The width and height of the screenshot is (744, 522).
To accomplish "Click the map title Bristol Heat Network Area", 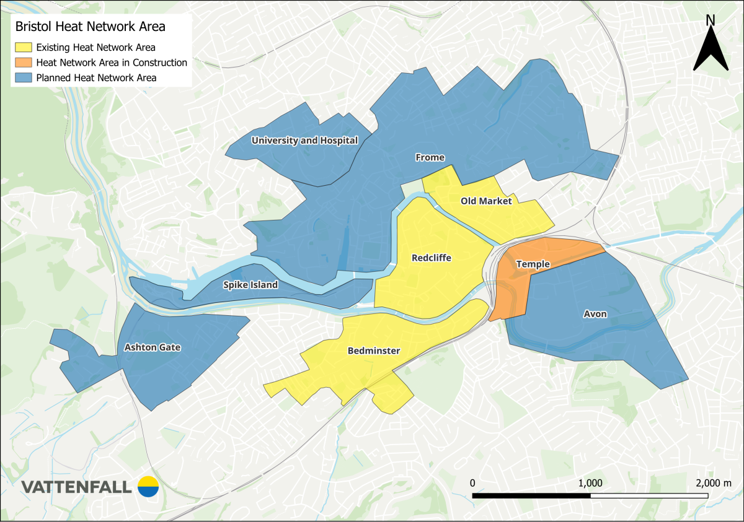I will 90,27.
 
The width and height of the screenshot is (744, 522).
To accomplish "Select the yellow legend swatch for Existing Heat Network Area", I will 24,47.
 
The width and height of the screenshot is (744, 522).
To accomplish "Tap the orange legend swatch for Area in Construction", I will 24,63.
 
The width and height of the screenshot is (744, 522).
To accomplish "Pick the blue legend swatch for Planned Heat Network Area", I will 24,78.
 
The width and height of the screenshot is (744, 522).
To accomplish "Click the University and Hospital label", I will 304,141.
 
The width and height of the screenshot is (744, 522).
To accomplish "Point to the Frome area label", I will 430,157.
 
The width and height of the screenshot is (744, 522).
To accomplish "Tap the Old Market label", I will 486,201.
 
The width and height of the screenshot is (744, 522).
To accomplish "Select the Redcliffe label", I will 432,258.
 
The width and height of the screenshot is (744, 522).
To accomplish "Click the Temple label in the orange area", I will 533,264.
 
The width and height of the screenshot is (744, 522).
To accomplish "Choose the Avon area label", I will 595,314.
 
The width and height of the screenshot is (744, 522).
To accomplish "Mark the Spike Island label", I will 250,285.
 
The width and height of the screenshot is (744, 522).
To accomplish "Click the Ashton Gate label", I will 153,347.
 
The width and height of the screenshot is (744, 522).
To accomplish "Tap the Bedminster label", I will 374,350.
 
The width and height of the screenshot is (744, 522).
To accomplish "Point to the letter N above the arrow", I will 711,20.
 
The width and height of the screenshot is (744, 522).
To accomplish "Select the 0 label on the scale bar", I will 472,482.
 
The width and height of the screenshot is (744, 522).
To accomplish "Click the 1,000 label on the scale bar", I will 590,482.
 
